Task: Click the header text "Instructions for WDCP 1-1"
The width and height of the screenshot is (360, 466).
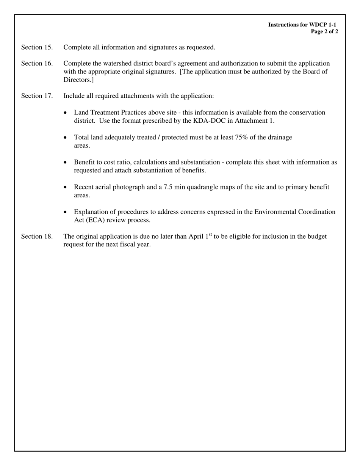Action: [x=302, y=25]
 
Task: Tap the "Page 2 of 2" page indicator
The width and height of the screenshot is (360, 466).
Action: [x=324, y=32]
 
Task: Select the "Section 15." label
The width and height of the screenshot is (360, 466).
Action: [x=37, y=47]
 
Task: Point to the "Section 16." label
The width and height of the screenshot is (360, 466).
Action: [x=37, y=63]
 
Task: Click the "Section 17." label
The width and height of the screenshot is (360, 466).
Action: [x=37, y=96]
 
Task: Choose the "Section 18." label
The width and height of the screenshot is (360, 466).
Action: [x=37, y=236]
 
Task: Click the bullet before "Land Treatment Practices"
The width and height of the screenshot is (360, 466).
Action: [x=66, y=113]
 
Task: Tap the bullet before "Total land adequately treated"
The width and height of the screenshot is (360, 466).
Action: [x=66, y=138]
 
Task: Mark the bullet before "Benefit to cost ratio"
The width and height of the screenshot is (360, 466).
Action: [x=66, y=163]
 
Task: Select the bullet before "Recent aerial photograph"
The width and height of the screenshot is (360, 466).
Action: [x=66, y=188]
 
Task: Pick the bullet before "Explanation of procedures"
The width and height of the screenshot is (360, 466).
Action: [x=66, y=212]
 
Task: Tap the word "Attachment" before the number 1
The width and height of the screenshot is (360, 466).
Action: [x=250, y=121]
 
